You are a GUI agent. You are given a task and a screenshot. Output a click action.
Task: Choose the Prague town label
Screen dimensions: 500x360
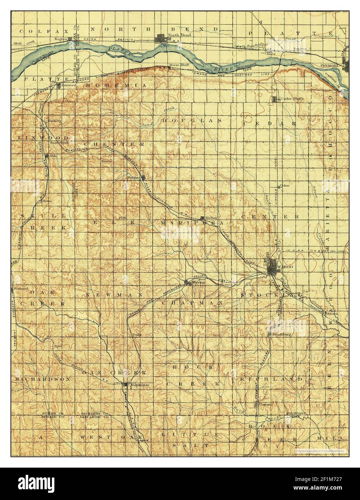tap(134, 177)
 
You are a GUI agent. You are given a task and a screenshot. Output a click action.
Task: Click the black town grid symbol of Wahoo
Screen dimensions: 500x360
tap(271, 265)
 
